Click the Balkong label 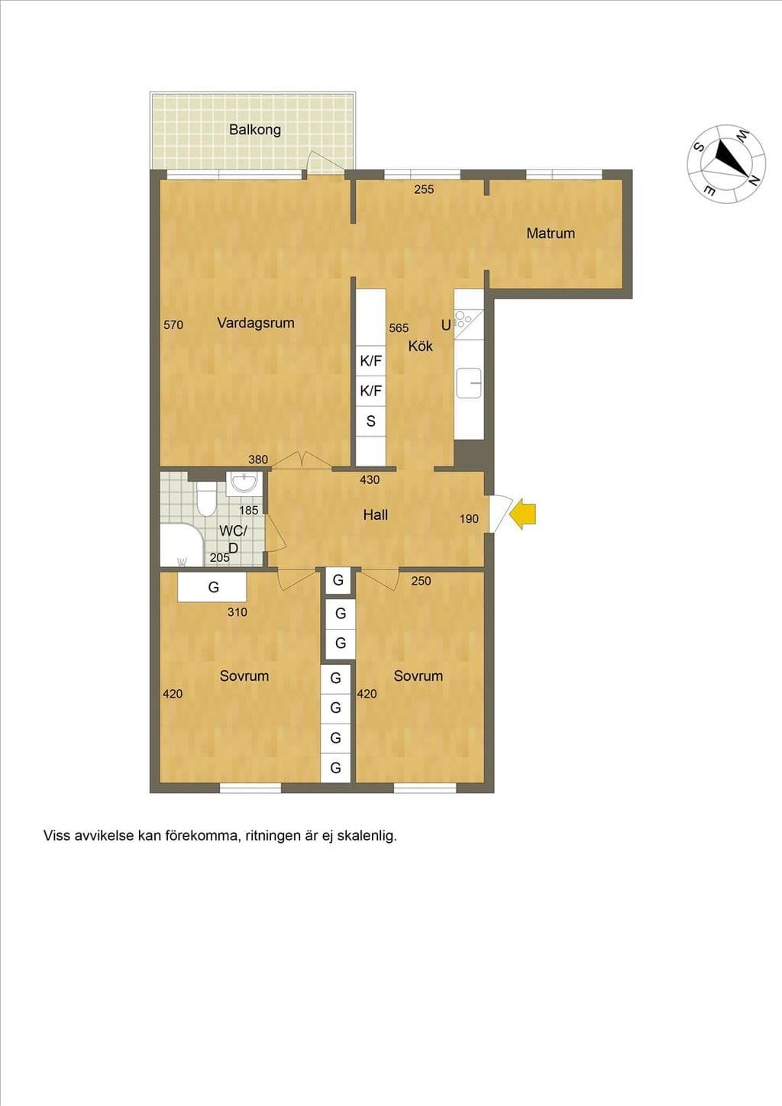(255, 130)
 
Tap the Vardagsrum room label (256, 324)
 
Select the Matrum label (551, 233)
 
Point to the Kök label (420, 346)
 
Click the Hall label (376, 515)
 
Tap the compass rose (727, 163)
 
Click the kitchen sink (469, 382)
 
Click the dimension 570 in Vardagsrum (173, 324)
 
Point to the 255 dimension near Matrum (424, 189)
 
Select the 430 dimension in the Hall (370, 479)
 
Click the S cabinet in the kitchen (370, 421)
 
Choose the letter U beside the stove (446, 325)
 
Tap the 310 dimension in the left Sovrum (237, 612)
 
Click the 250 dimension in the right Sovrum (422, 581)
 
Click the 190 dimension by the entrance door (470, 519)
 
